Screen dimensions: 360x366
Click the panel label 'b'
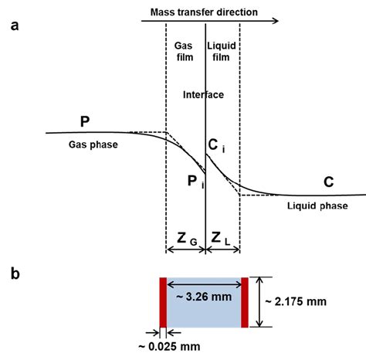[15, 273]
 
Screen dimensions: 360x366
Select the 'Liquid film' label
[224, 51]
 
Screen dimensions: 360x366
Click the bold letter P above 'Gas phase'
[84, 121]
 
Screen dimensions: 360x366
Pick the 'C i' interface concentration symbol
[219, 144]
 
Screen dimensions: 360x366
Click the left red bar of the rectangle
[164, 303]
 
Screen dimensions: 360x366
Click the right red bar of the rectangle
[246, 303]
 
